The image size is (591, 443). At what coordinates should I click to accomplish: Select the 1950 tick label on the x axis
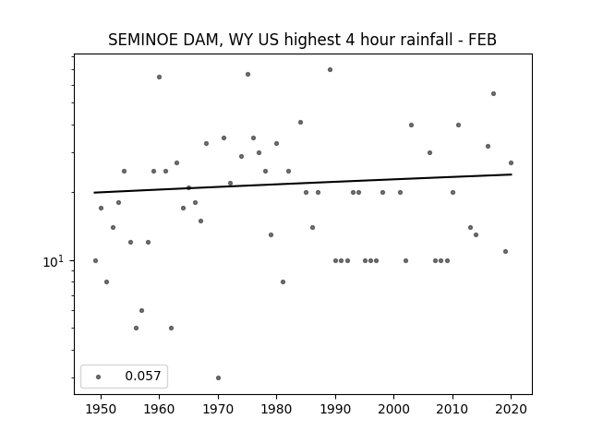coord(101,409)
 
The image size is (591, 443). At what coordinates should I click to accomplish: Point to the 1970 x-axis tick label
coord(218,409)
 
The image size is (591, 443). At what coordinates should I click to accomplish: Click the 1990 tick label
coord(335,409)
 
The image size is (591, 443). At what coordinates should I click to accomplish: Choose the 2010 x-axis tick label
coord(452,409)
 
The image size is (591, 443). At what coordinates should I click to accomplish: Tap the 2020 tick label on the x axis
coord(511,409)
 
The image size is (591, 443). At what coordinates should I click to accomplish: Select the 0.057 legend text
coord(143,376)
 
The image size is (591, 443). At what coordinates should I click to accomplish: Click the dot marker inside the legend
coord(99,377)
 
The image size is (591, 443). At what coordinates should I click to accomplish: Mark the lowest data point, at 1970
coord(218,377)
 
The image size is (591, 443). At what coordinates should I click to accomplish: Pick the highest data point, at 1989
coord(330,70)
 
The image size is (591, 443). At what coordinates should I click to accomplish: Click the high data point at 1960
coord(160,78)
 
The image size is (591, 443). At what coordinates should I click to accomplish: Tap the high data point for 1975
coord(247,74)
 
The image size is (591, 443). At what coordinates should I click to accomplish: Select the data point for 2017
coord(493,94)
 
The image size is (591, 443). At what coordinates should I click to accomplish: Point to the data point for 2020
coord(511,163)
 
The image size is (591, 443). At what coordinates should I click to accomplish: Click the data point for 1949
coord(95,260)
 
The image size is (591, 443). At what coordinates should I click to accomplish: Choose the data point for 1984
coord(300,123)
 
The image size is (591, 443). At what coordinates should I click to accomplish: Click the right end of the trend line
coord(512,174)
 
